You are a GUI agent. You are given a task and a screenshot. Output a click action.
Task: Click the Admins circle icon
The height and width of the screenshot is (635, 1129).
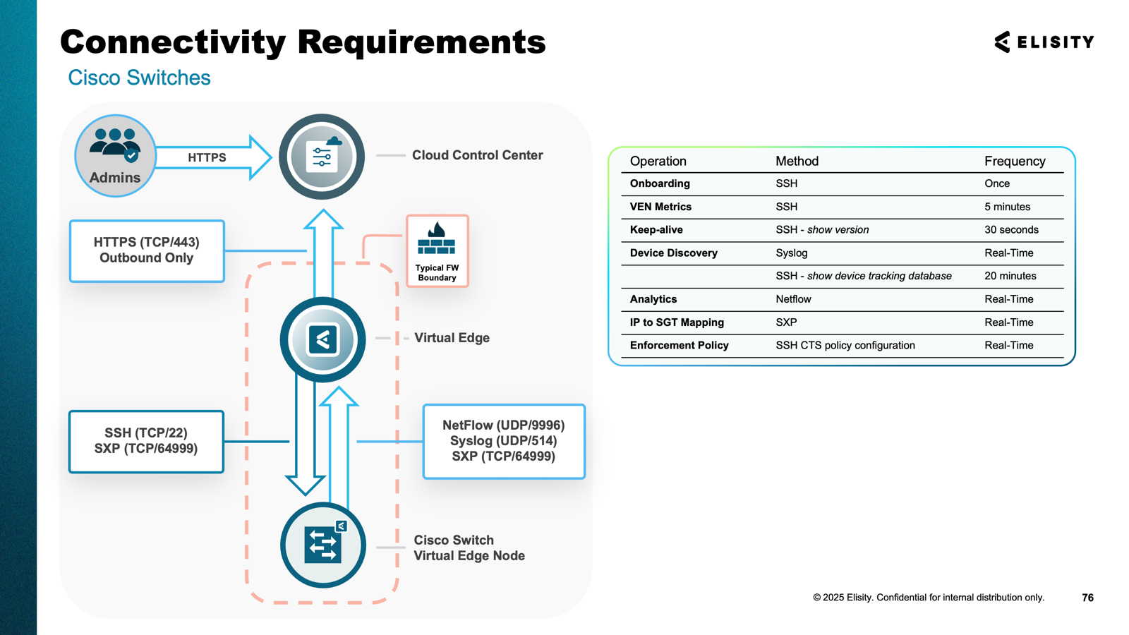115,155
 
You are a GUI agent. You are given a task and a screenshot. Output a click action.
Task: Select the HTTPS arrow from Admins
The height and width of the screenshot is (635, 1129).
212,157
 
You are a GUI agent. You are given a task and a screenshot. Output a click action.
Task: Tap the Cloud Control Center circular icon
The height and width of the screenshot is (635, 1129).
322,157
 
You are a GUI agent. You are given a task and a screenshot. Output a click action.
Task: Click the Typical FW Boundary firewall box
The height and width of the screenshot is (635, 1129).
437,251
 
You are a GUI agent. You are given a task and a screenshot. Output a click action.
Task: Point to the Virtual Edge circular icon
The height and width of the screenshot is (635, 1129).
322,339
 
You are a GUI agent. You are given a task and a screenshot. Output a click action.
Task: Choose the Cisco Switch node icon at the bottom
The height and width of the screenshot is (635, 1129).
323,545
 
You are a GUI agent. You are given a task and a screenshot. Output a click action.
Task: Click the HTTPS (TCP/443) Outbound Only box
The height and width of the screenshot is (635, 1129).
147,250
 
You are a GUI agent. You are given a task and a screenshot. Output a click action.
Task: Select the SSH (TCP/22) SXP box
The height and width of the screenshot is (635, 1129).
146,441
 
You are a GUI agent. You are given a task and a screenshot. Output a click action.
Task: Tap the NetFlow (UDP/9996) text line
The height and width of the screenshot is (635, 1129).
503,425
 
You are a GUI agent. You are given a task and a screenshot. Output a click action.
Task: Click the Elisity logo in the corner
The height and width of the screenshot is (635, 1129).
1044,42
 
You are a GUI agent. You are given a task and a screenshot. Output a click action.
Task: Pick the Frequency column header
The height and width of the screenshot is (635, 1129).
1014,161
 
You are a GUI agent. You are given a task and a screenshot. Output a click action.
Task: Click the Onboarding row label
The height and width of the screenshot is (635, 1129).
660,183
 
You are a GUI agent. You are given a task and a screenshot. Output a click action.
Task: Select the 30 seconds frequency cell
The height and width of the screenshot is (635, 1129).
1011,230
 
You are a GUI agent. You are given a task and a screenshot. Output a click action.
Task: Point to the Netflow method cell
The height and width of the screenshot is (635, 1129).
793,299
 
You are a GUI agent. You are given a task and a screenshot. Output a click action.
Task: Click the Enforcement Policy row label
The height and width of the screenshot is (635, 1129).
679,346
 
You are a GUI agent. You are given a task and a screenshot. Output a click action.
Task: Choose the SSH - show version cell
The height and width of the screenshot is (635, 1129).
822,230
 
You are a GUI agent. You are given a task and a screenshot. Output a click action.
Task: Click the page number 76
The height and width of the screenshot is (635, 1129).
1087,598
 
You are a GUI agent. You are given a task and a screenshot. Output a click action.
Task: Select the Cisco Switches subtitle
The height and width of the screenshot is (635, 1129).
139,78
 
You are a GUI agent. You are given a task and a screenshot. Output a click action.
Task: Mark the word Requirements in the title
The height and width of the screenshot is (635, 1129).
421,42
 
